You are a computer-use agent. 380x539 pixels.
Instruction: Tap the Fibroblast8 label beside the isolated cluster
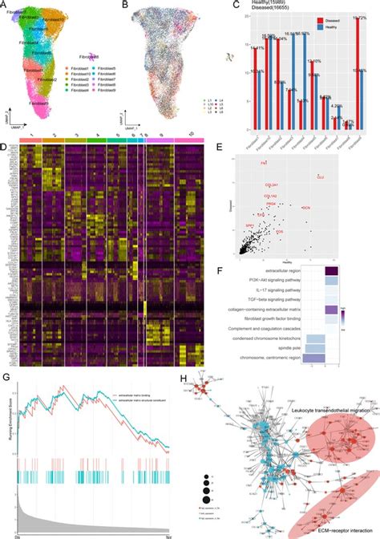pyautogui.click(x=88, y=57)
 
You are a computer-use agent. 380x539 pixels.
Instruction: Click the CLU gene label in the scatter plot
pyautogui.click(x=320, y=176)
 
